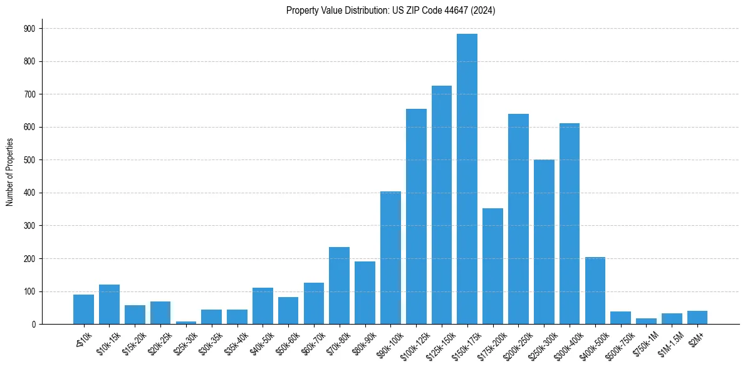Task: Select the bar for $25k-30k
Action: pos(186,322)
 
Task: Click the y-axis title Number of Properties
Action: pos(9,172)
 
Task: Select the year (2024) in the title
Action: pos(482,11)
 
